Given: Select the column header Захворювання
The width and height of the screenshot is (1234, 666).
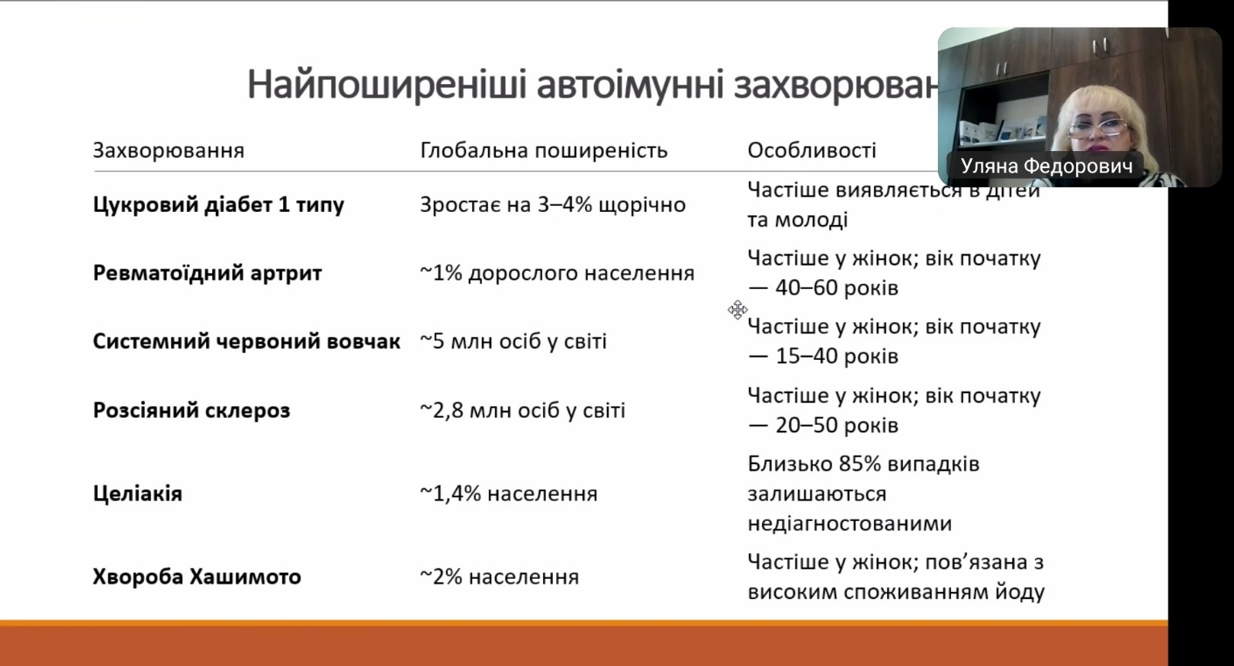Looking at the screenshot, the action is (169, 150).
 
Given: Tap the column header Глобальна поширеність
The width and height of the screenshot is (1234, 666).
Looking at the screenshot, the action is (544, 150).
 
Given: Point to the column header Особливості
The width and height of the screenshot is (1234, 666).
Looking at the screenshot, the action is (811, 150).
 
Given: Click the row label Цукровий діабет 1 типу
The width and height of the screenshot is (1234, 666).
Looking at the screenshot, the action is (219, 205).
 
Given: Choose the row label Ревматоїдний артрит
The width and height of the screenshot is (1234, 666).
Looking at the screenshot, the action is (207, 273).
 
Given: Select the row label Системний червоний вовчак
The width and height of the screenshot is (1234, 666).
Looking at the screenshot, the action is (246, 341).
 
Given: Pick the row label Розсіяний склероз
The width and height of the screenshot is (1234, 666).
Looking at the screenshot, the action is (191, 410).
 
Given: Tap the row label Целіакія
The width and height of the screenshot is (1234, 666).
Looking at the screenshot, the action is (137, 493).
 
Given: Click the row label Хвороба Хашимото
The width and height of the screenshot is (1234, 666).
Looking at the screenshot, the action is (197, 577).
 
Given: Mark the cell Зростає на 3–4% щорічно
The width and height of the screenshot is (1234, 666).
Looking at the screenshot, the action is (552, 205).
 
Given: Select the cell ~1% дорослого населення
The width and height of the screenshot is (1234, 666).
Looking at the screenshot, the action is (557, 273).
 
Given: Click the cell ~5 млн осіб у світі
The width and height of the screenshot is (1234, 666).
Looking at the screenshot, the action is (514, 341).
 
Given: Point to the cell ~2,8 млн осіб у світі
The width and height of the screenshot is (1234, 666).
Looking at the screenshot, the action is (523, 410).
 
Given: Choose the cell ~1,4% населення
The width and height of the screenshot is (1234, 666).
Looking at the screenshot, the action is (509, 494).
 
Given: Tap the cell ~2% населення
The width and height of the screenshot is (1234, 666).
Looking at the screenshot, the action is (500, 577).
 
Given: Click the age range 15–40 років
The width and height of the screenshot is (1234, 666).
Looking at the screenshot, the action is (837, 356).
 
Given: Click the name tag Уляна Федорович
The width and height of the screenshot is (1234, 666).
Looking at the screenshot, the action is (1046, 166).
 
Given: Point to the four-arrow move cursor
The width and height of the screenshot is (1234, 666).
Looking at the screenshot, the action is (737, 310).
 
